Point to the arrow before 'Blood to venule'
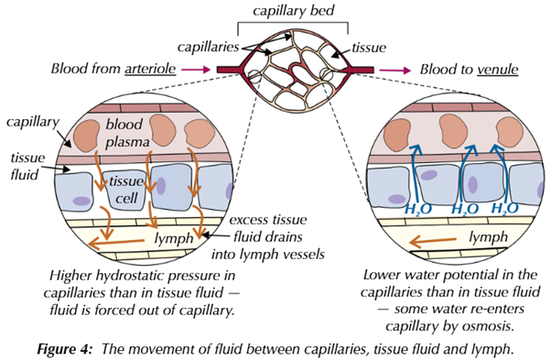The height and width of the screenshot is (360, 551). click(395, 68)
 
